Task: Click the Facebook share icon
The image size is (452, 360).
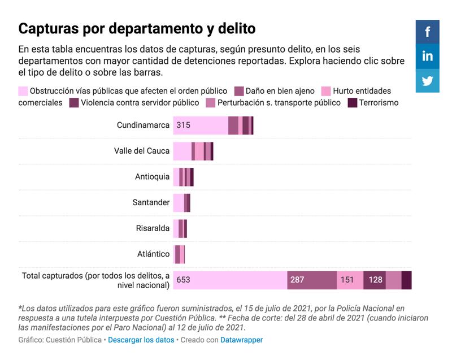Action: pyautogui.click(x=427, y=32)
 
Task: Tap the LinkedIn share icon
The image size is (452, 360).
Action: pyautogui.click(x=427, y=56)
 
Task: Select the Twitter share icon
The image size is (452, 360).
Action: pyautogui.click(x=427, y=80)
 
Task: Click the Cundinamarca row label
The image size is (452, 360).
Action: pyautogui.click(x=143, y=125)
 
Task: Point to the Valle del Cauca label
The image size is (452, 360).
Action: pyautogui.click(x=142, y=151)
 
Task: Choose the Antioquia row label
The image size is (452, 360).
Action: pyautogui.click(x=152, y=177)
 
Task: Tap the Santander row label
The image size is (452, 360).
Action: pyautogui.click(x=151, y=202)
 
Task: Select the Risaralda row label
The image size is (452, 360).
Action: pyautogui.click(x=153, y=228)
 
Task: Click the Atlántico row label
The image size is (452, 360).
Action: pyautogui.click(x=153, y=254)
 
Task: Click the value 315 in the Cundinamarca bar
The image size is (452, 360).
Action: pyautogui.click(x=183, y=125)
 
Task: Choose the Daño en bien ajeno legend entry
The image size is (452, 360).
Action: pyautogui.click(x=271, y=91)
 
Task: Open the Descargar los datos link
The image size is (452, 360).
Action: pyautogui.click(x=141, y=340)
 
